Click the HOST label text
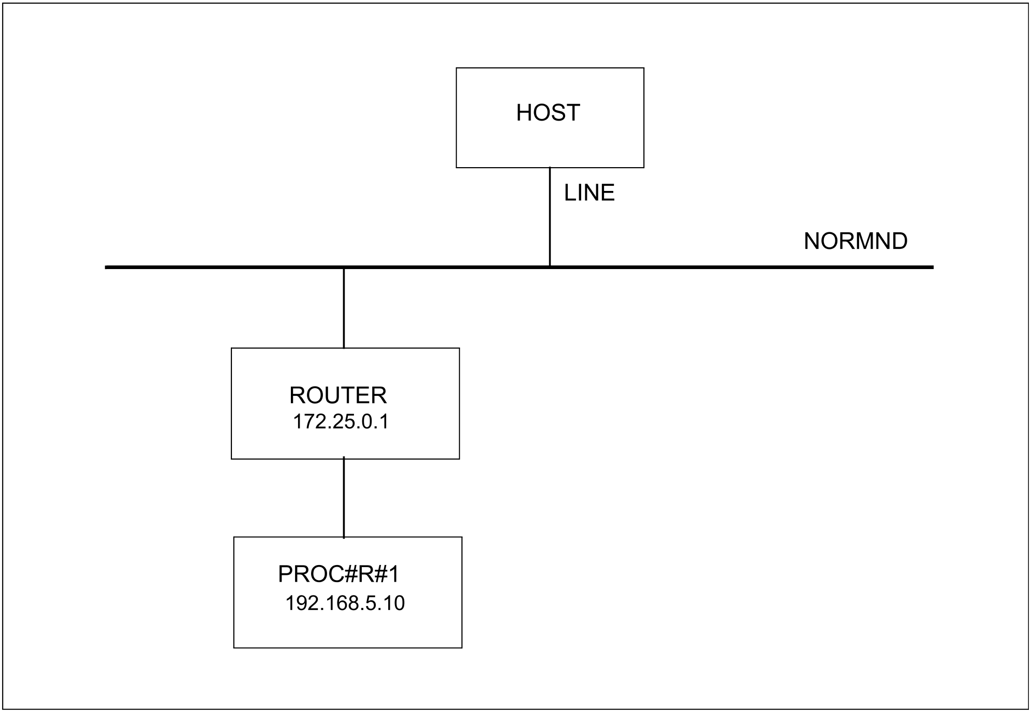click(x=548, y=113)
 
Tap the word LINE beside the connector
click(x=589, y=193)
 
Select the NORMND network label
click(x=856, y=241)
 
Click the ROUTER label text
click(x=338, y=395)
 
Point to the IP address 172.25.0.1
click(x=341, y=422)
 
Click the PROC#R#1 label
click(x=339, y=574)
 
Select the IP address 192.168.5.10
click(x=345, y=603)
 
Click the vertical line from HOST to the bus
click(x=550, y=216)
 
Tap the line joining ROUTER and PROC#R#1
click(x=344, y=498)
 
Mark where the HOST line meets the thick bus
click(x=550, y=267)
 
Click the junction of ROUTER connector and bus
click(x=344, y=268)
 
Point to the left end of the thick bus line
click(x=106, y=268)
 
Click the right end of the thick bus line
click(x=933, y=268)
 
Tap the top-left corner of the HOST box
click(x=456, y=68)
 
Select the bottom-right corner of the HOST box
click(x=644, y=168)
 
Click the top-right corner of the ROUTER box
click(x=460, y=348)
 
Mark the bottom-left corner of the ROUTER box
click(x=231, y=459)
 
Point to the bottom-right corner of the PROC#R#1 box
click(x=462, y=648)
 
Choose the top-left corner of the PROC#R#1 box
click(x=234, y=537)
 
